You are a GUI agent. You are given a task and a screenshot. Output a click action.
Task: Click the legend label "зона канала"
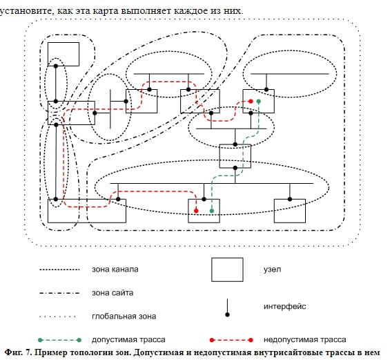click(x=115, y=269)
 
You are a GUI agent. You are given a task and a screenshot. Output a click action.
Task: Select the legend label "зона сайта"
click(x=113, y=293)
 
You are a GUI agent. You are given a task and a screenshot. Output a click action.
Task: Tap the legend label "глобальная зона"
click(x=124, y=316)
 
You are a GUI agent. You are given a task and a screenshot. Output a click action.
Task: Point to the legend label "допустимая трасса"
click(x=128, y=340)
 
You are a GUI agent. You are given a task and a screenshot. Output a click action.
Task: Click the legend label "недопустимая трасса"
click(x=304, y=340)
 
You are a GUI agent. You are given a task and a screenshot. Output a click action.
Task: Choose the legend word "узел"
click(x=273, y=269)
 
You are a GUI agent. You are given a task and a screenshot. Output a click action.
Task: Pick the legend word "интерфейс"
click(x=285, y=306)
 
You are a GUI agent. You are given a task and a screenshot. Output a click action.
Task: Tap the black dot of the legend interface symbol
click(x=227, y=314)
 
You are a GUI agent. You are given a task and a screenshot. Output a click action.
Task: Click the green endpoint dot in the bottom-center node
click(x=212, y=211)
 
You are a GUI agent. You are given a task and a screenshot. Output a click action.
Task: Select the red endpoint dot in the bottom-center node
click(x=196, y=211)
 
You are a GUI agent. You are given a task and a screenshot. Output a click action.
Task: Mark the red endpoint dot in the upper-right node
click(x=251, y=101)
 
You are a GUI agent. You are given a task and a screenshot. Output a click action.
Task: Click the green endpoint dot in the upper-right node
click(x=259, y=101)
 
